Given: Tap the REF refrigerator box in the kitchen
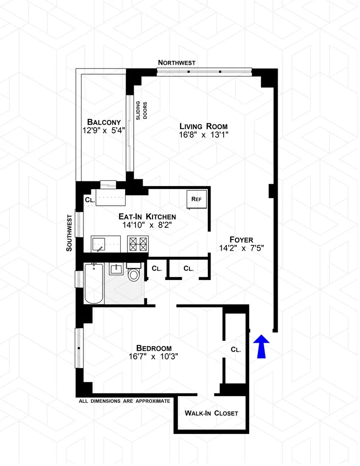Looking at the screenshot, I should pyautogui.click(x=196, y=199).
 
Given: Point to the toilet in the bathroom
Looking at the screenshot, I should pyautogui.click(x=134, y=273).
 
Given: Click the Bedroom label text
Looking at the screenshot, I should pyautogui.click(x=154, y=348).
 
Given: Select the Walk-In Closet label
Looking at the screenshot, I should pyautogui.click(x=211, y=413).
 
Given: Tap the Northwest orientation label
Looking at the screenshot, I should pyautogui.click(x=177, y=63).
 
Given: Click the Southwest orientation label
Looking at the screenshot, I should pyautogui.click(x=69, y=232).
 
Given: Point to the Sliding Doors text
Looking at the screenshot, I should pyautogui.click(x=142, y=109).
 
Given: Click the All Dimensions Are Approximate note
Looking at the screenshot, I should pyautogui.click(x=124, y=401).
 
